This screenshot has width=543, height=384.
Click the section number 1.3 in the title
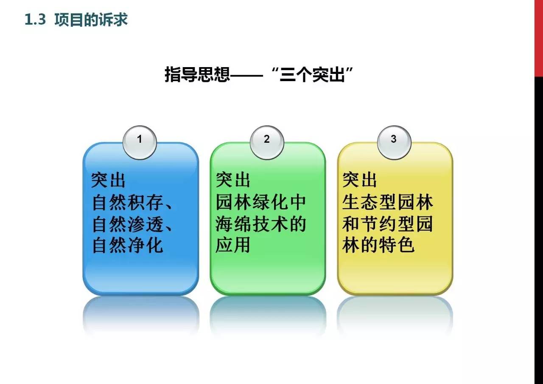[35, 20]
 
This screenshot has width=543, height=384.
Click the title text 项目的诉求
[91, 20]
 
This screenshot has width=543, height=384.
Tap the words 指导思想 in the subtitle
[197, 74]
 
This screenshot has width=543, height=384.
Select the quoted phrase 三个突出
[312, 74]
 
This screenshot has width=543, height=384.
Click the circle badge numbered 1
[140, 142]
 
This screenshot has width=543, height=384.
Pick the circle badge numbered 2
[267, 142]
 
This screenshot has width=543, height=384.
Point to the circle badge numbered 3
[394, 142]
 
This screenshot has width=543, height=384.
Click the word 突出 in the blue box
[108, 180]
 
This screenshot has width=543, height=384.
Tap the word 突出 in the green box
[233, 180]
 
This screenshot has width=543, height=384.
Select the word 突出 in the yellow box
[359, 180]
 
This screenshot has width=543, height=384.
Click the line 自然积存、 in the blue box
[132, 203]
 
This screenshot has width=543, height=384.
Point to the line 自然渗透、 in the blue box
[132, 224]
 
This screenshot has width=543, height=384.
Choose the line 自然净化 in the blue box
[128, 246]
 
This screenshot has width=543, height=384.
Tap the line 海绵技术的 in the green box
[261, 224]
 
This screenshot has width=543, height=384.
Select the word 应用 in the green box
[233, 245]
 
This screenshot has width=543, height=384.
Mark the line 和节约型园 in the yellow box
[388, 224]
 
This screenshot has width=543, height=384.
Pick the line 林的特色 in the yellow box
[378, 245]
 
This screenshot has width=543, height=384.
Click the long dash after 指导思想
[246, 76]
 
